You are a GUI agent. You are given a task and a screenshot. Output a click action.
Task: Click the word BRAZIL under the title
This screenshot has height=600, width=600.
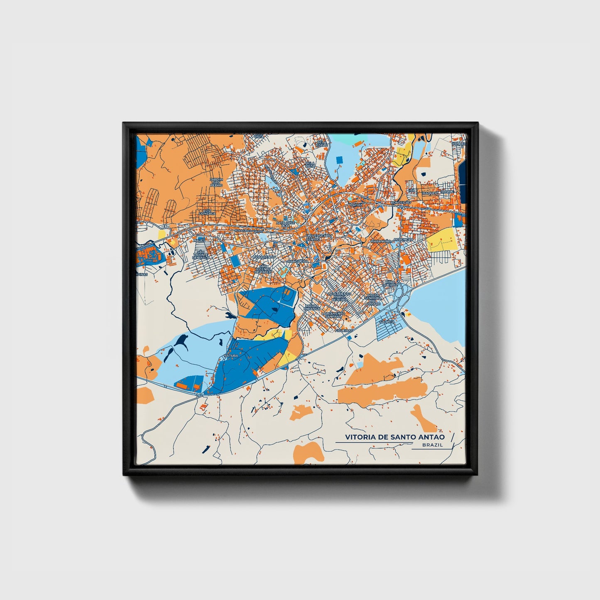[432, 445]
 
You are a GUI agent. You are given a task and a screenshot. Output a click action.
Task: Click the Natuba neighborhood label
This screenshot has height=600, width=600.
[231, 356]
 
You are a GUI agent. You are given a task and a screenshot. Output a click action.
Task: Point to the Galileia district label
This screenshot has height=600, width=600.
[386, 321]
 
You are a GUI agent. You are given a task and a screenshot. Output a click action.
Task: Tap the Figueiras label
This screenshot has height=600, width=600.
[344, 331]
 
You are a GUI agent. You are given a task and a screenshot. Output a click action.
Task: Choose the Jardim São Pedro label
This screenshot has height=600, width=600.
[216, 182]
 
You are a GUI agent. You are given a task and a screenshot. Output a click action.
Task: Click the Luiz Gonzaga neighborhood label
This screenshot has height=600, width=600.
[207, 212]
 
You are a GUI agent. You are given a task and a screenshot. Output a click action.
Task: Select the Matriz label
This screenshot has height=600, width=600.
[356, 205]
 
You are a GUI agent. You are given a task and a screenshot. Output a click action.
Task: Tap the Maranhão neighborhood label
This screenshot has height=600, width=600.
[381, 241]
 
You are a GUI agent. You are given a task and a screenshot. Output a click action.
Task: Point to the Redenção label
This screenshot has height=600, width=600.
[404, 240]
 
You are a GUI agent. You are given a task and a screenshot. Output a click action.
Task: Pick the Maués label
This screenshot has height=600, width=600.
[199, 240]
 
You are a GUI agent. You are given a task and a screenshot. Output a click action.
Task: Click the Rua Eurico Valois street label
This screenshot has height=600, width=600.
[249, 230]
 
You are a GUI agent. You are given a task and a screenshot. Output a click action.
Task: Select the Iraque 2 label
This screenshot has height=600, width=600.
[430, 193]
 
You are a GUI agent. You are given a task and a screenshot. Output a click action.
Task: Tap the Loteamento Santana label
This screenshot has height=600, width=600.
[333, 315]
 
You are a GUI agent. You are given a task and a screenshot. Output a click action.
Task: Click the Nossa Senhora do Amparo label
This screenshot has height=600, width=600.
[373, 299]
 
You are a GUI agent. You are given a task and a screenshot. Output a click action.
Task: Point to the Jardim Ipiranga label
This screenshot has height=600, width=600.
[311, 307]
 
